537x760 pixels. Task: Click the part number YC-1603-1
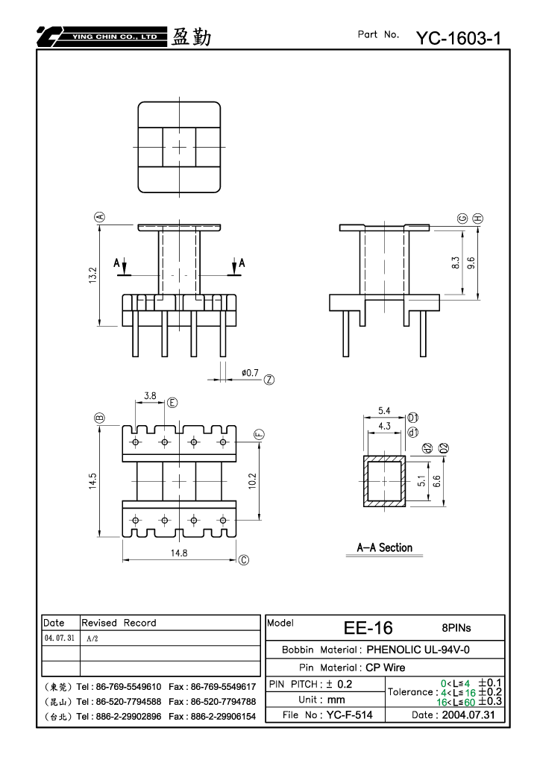pyautogui.click(x=458, y=38)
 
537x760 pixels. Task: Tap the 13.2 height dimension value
pyautogui.click(x=93, y=274)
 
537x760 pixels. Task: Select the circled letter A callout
pyautogui.click(x=100, y=216)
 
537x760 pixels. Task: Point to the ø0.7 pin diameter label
pyautogui.click(x=250, y=373)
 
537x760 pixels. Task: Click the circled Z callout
pyautogui.click(x=269, y=380)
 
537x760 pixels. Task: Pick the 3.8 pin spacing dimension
pyautogui.click(x=150, y=395)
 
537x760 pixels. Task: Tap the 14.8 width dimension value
pyautogui.click(x=179, y=553)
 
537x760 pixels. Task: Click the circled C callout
pyautogui.click(x=244, y=560)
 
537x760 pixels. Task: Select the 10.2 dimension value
pyautogui.click(x=252, y=481)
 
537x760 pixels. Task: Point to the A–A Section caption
pyautogui.click(x=385, y=547)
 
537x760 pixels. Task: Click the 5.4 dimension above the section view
pyautogui.click(x=384, y=410)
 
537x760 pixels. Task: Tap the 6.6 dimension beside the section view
pyautogui.click(x=436, y=481)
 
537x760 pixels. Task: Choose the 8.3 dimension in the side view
pyautogui.click(x=455, y=263)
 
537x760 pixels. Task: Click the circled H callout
pyautogui.click(x=478, y=219)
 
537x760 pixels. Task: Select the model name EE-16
pyautogui.click(x=368, y=628)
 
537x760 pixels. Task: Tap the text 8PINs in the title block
pyautogui.click(x=456, y=628)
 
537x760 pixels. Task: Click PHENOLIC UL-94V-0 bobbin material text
pyautogui.click(x=418, y=650)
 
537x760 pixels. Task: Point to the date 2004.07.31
pyautogui.click(x=468, y=715)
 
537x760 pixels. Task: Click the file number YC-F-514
pyautogui.click(x=350, y=715)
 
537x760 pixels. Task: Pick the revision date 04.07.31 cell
pyautogui.click(x=60, y=638)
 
